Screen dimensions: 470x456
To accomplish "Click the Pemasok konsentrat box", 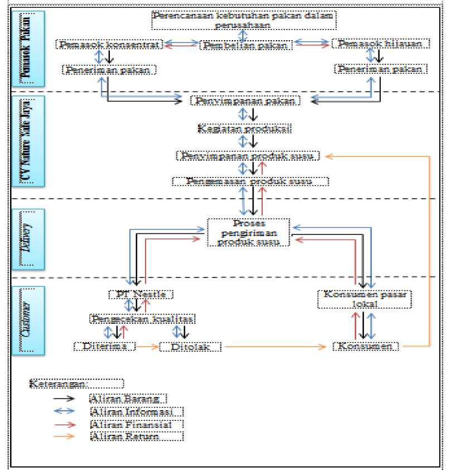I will [x=109, y=44].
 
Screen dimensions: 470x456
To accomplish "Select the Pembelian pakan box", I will [x=246, y=45].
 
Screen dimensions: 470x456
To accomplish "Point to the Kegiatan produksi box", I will [x=246, y=128].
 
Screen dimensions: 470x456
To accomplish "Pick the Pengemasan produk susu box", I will [x=250, y=182].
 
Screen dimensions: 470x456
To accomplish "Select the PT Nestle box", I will [x=141, y=294].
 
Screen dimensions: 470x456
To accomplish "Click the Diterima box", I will [x=105, y=346].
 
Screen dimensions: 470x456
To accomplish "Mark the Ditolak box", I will [x=190, y=347].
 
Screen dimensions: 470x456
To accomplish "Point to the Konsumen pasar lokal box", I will [x=363, y=299].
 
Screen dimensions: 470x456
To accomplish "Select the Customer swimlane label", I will [x=27, y=319].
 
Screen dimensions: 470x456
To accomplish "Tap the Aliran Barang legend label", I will [x=128, y=399].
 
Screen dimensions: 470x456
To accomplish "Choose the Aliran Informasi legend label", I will [x=135, y=411].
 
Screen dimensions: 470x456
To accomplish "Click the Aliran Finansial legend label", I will [x=135, y=424].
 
